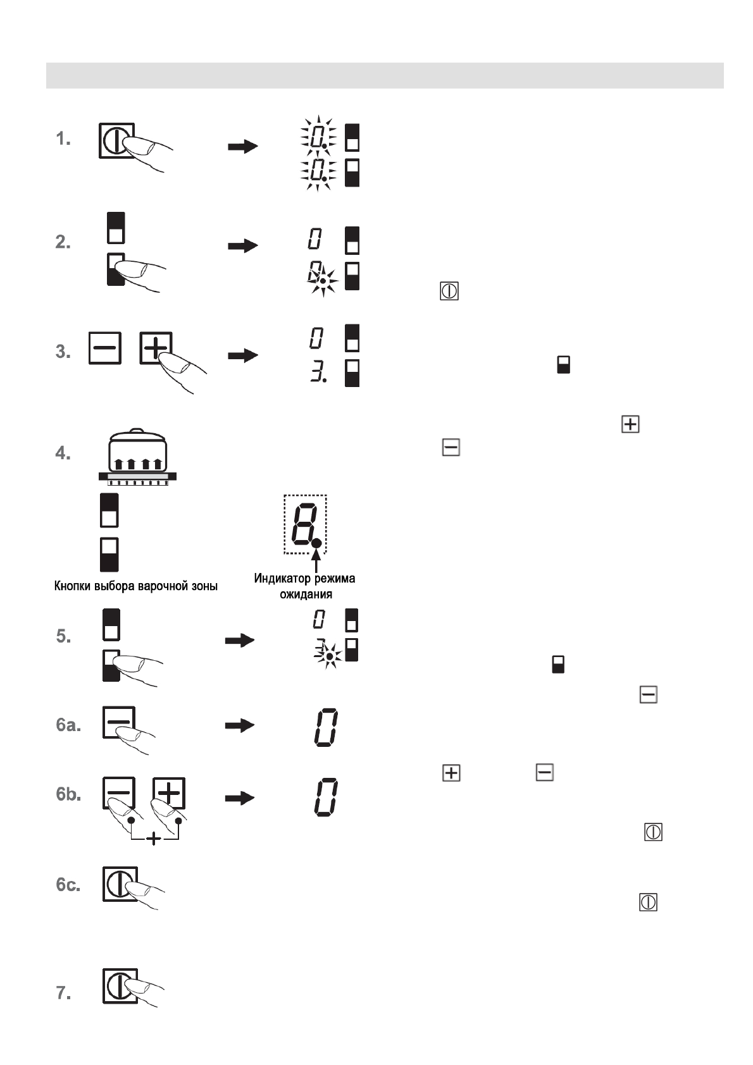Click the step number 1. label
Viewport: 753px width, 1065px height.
(x=63, y=139)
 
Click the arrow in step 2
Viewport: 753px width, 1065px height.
(x=243, y=245)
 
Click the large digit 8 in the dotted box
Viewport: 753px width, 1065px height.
(x=302, y=524)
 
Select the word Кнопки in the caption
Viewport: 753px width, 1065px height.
(x=72, y=586)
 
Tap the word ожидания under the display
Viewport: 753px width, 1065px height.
(x=306, y=594)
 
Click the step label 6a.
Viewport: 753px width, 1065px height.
(x=68, y=725)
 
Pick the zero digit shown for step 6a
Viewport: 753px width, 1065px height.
(x=326, y=727)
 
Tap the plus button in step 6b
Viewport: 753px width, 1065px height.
(x=169, y=793)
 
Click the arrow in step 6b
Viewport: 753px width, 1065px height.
(x=240, y=798)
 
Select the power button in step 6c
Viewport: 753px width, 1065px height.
(x=119, y=883)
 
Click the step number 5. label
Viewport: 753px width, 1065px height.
(x=63, y=636)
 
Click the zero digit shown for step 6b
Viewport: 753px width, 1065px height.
(x=326, y=797)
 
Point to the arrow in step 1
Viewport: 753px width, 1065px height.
(x=243, y=147)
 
